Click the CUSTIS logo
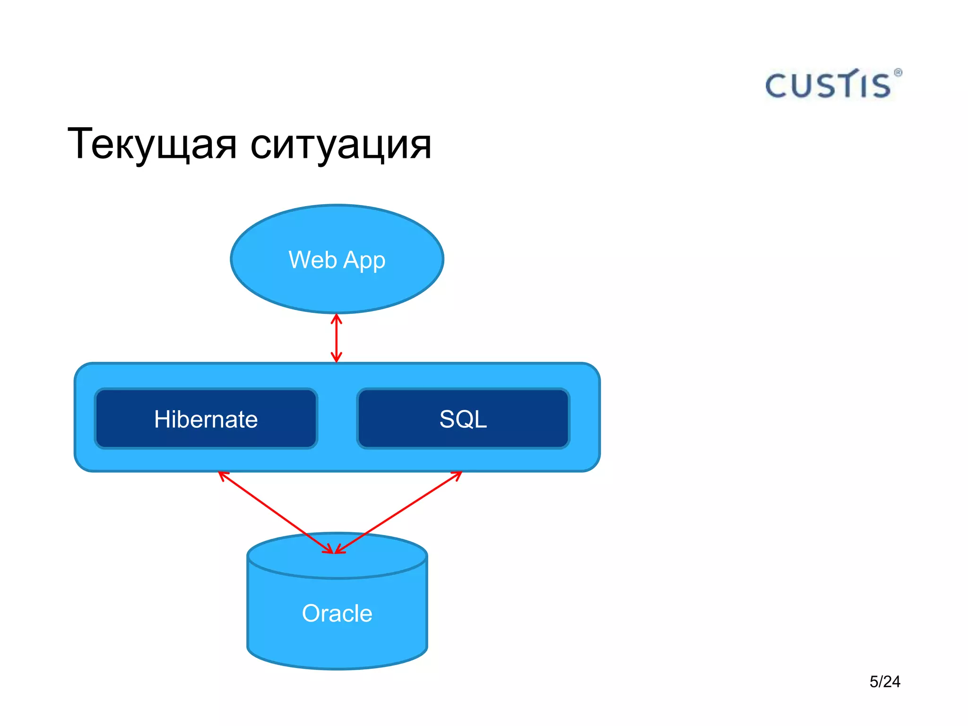828,86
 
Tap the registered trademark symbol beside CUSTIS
898,73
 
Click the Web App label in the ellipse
337,260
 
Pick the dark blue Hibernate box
206,419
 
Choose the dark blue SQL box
463,419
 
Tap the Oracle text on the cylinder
337,614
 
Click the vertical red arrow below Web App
337,338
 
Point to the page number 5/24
885,682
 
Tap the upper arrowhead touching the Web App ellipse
337,319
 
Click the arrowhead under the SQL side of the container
457,475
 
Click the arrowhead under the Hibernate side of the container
223,475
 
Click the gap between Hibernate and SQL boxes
337,419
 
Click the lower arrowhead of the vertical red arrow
337,357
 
